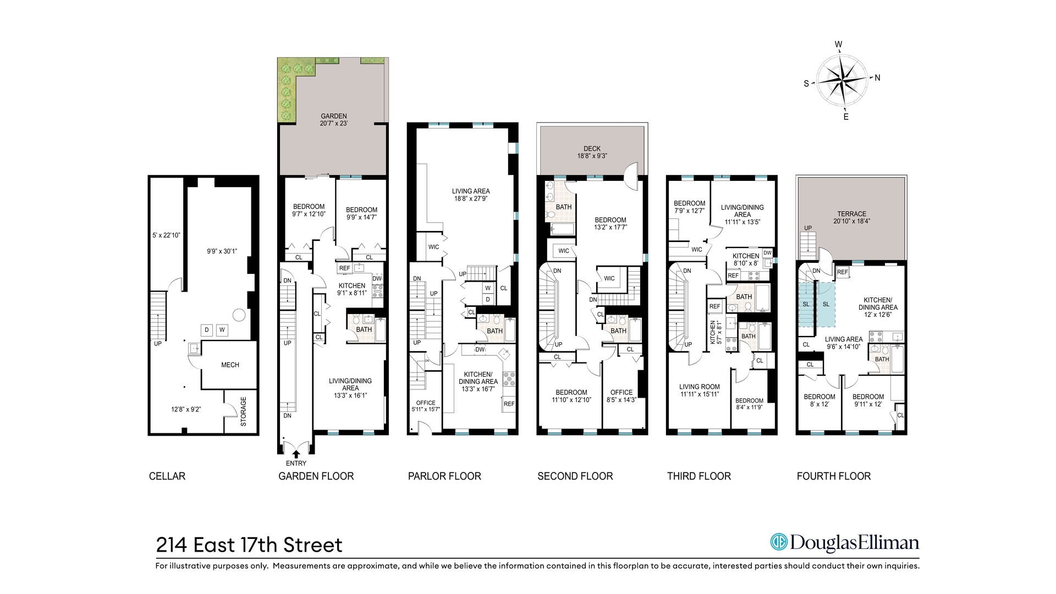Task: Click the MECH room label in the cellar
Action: tap(230, 365)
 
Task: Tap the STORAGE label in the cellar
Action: tap(244, 411)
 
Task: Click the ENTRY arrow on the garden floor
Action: tap(296, 454)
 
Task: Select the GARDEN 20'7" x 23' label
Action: tap(334, 120)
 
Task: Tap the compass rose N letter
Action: tap(877, 78)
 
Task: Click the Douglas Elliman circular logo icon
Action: tap(778, 542)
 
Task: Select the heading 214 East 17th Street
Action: tap(249, 545)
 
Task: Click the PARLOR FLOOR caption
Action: tap(444, 476)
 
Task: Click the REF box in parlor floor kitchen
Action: tap(509, 404)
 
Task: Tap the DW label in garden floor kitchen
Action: tap(377, 279)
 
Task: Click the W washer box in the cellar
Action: tap(222, 330)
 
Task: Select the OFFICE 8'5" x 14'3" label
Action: tap(621, 396)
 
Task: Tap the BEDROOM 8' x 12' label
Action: tap(820, 400)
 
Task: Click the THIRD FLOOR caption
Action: tap(699, 476)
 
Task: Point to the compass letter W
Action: tap(839, 45)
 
